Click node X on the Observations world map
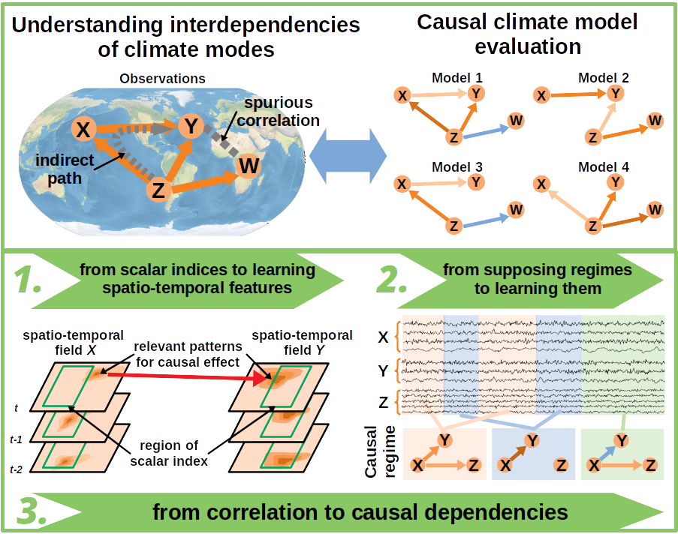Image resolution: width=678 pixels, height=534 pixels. coord(83,130)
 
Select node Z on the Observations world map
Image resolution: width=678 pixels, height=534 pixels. coord(158,191)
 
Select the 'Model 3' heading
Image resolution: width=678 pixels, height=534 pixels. coord(457,166)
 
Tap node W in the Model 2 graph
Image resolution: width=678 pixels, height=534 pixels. coord(655,120)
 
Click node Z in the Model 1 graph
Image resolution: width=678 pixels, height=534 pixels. coord(453,137)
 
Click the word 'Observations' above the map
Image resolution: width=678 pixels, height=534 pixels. coord(162,78)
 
